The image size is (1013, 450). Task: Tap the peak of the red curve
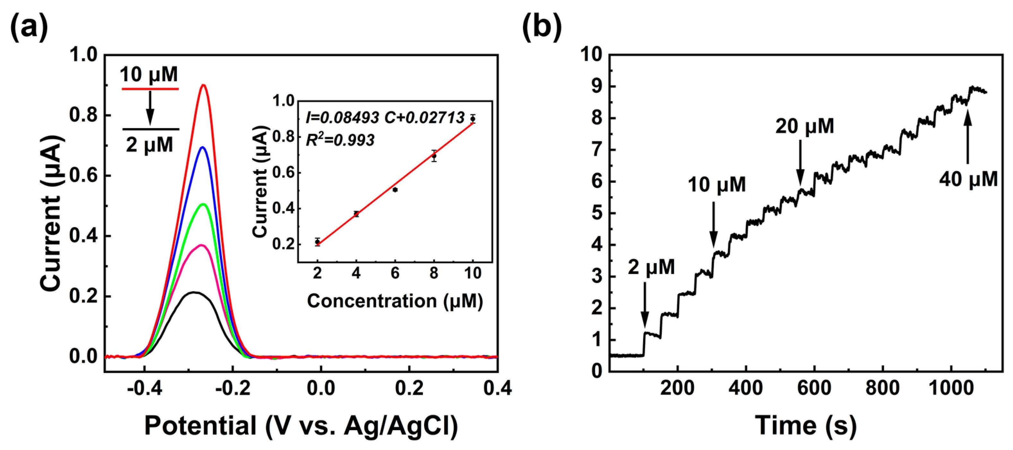click(x=203, y=85)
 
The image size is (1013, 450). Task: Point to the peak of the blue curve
click(x=203, y=147)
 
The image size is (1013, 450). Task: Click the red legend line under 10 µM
click(x=150, y=89)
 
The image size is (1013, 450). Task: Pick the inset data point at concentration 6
click(x=395, y=190)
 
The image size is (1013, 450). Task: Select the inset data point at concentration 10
click(x=473, y=119)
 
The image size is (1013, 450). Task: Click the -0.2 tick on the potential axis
click(x=233, y=389)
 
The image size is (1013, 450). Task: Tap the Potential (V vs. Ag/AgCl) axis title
click(x=301, y=426)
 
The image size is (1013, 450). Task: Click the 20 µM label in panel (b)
click(x=805, y=126)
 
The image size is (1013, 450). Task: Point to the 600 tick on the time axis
click(x=814, y=389)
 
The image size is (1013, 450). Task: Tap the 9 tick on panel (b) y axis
click(x=597, y=86)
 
